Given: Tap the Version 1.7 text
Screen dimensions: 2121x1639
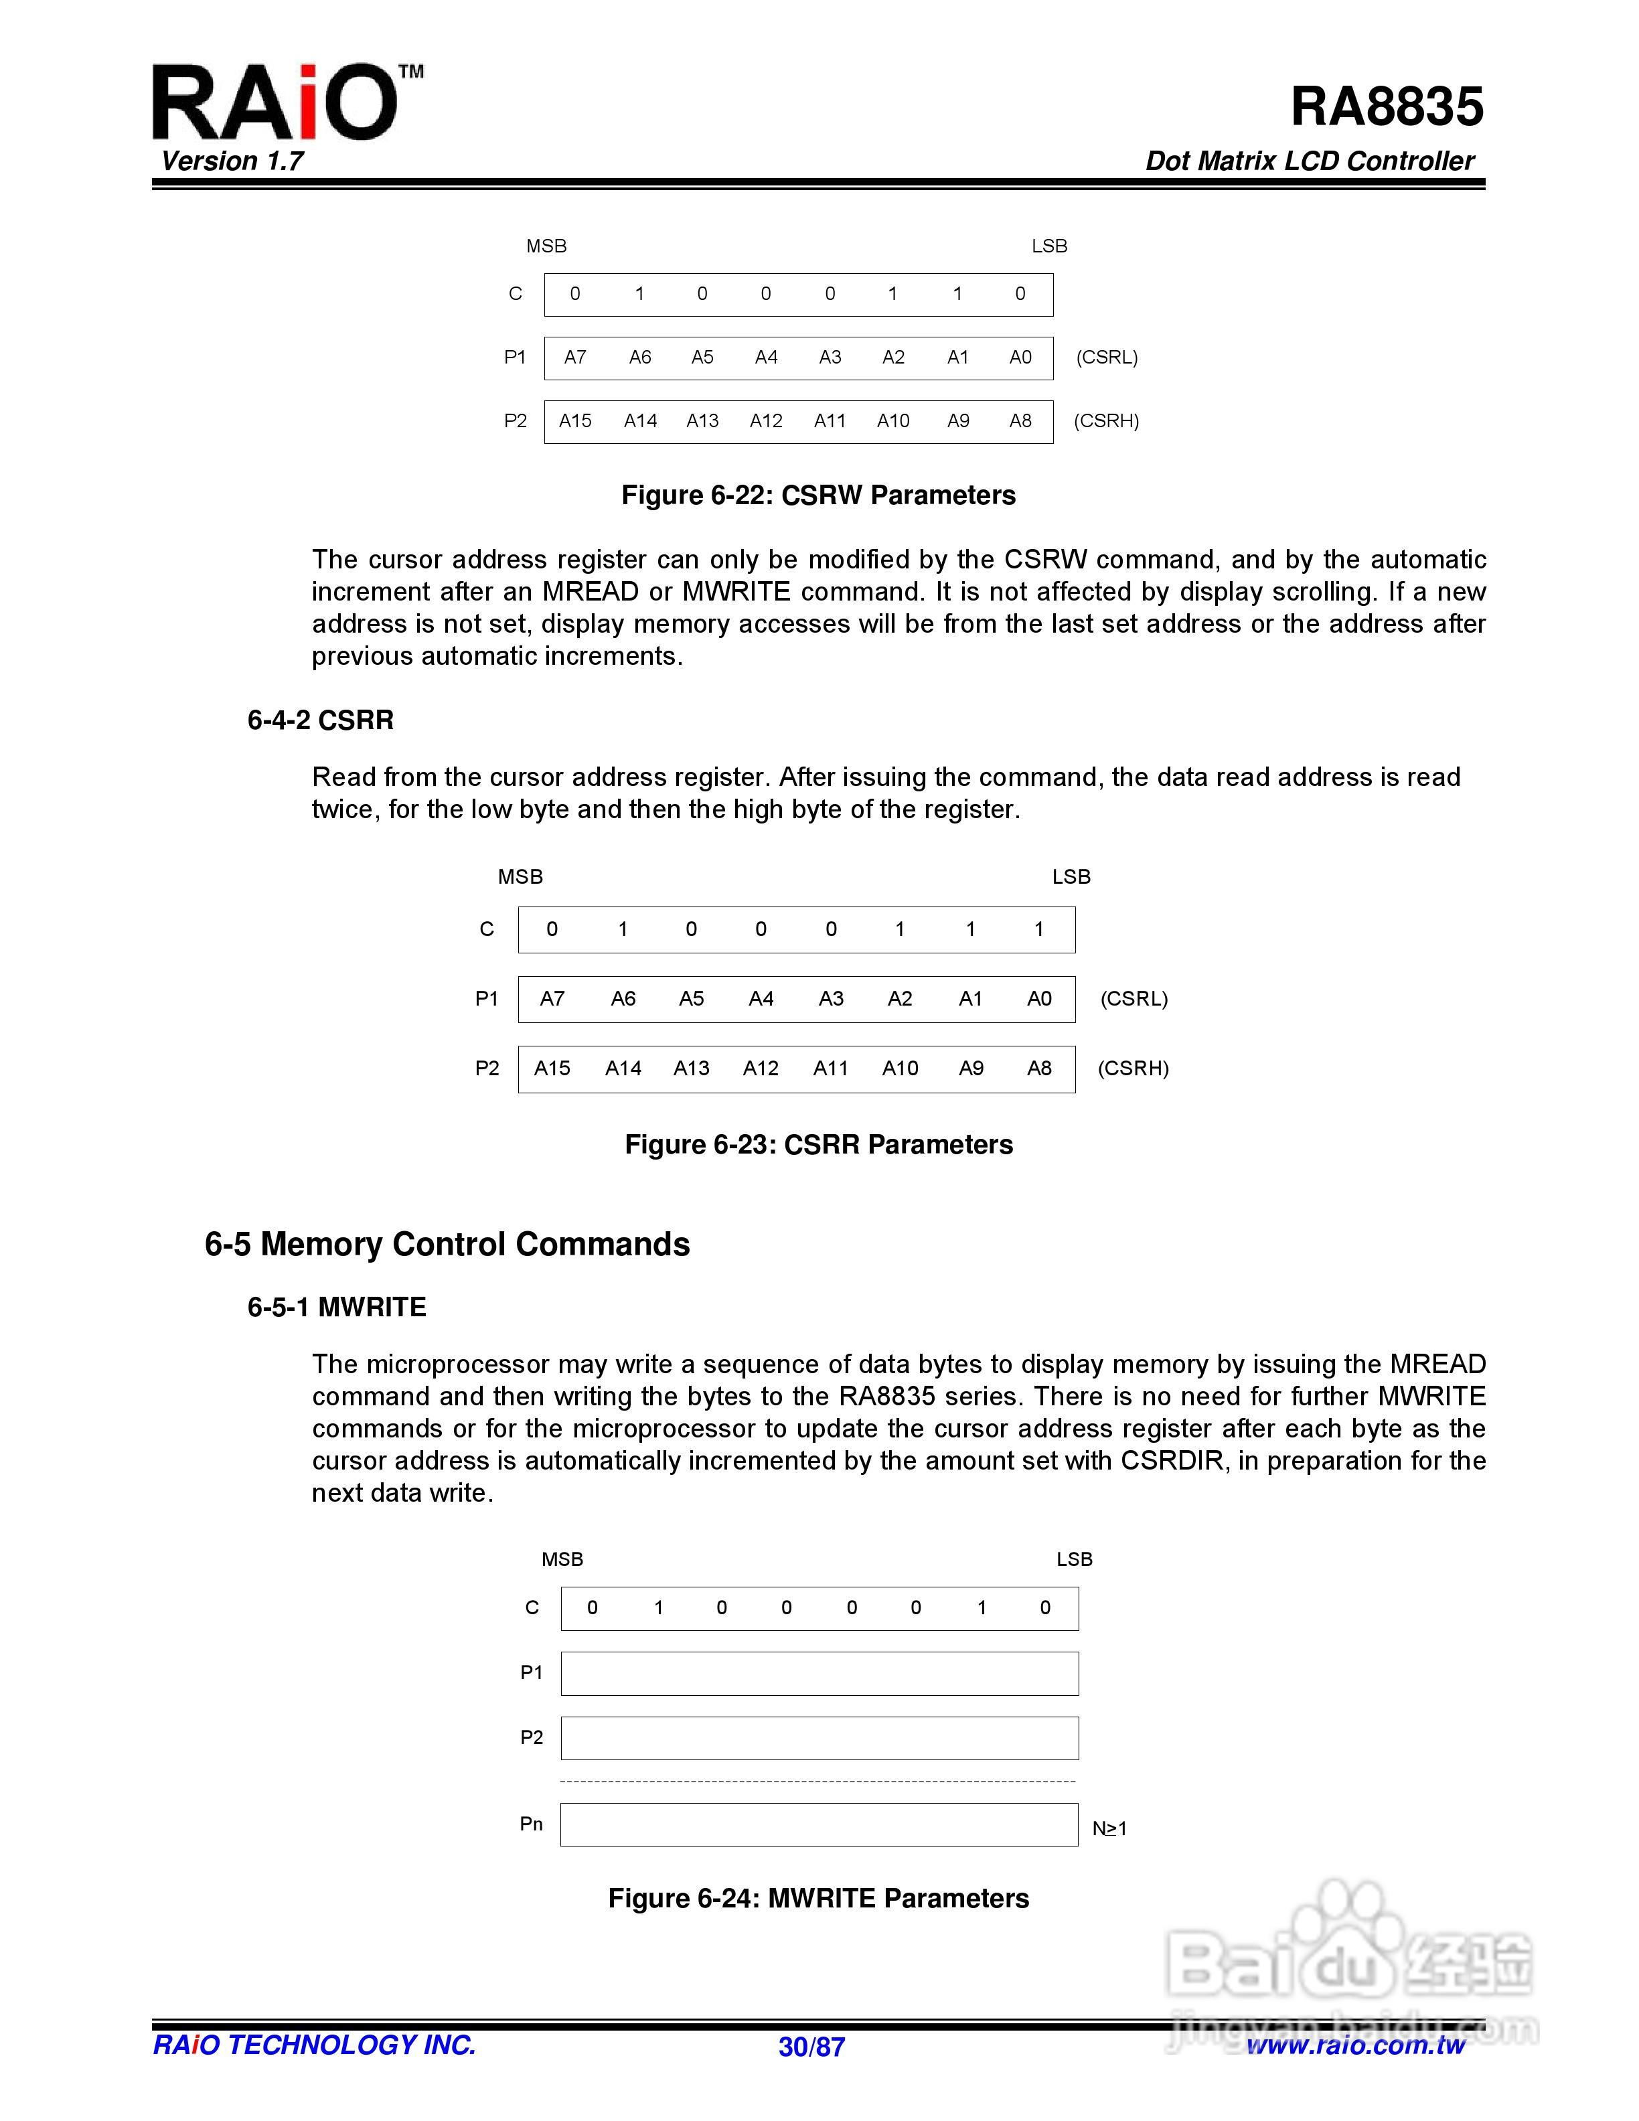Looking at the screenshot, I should pos(232,161).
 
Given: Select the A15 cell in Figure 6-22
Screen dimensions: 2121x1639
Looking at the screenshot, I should pos(575,420).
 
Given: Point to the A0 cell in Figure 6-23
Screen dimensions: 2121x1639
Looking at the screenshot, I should pos(1039,998).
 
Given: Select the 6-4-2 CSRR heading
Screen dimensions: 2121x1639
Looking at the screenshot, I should pos(321,720).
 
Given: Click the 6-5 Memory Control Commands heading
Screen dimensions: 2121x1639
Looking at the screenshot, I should pos(447,1244).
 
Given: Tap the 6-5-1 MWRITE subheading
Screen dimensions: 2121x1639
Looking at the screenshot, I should pos(337,1307).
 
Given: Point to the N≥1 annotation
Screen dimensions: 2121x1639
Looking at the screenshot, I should pos(1109,1828).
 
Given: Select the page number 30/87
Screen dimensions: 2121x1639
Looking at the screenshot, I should pos(811,2047).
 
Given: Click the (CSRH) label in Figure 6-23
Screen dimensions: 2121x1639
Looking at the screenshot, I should pos(1132,1069).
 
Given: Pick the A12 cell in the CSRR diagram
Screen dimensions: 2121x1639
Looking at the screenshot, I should pos(761,1069).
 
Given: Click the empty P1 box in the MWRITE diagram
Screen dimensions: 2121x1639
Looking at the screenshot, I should pos(819,1673).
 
